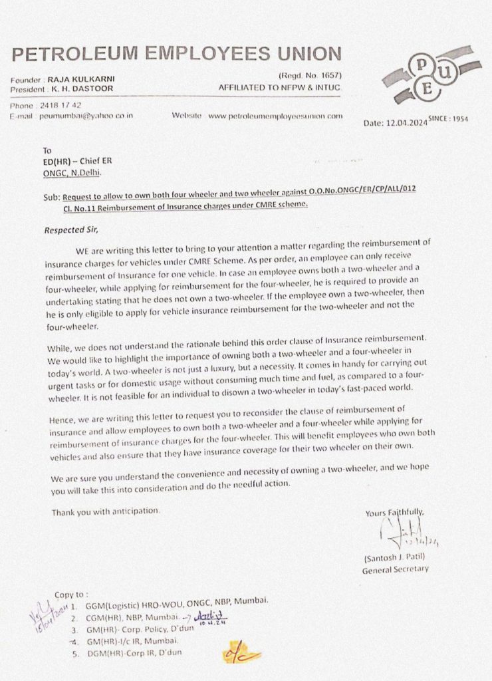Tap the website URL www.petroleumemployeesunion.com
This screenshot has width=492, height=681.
point(275,115)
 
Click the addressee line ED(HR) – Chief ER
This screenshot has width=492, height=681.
point(74,161)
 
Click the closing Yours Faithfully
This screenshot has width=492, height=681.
point(394,512)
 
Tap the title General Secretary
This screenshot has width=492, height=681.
point(396,569)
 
